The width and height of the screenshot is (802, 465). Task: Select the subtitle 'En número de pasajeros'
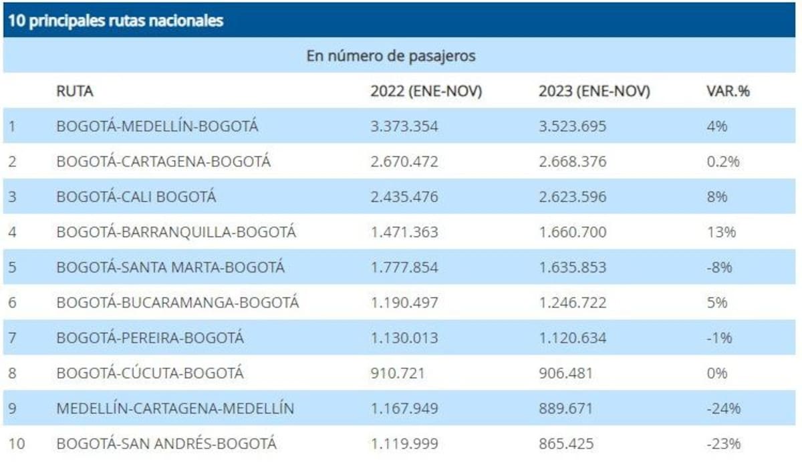coord(391,56)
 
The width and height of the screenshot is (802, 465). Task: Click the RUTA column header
coord(75,92)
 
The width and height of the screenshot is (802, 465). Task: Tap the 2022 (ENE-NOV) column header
coord(426,92)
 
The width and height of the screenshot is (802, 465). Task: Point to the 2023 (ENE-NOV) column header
coord(594,92)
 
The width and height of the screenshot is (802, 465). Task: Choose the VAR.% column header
coord(728,92)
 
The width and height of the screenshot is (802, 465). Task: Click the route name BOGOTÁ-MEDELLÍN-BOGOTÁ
coord(157,126)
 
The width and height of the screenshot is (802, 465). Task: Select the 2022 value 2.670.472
coord(404,162)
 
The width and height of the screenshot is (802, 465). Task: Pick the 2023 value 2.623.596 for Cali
coord(573,197)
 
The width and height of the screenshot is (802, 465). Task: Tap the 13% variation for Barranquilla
coord(720,232)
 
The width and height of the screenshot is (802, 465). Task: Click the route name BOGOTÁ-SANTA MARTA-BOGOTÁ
coord(170,267)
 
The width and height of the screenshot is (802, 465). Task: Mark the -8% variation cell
coord(719,267)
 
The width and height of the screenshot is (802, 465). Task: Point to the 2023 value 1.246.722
coord(573,303)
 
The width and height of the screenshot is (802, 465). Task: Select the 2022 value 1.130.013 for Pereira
coord(404,338)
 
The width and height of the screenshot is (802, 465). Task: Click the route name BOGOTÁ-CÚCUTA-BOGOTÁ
coord(150,373)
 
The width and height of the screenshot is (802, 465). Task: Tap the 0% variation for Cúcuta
coord(716,373)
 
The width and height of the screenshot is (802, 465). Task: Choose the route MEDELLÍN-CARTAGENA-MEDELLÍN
coord(175,408)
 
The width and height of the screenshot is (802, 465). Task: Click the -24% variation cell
coord(723,408)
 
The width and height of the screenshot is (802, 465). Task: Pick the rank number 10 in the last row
coord(17,444)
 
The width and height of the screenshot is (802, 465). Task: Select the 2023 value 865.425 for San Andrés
coord(565,444)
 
